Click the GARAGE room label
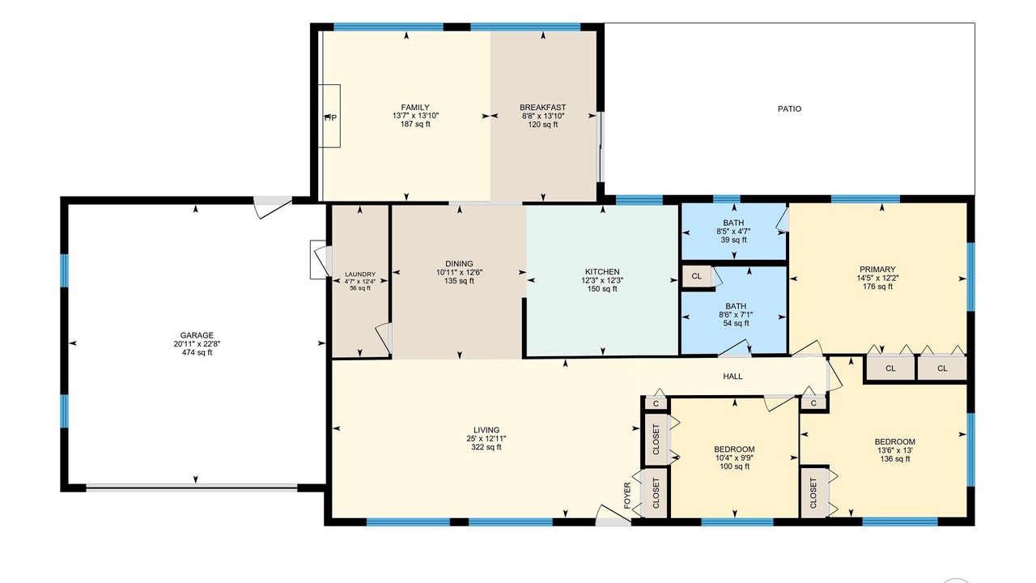click(x=197, y=335)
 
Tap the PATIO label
click(x=789, y=109)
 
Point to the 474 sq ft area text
click(x=197, y=352)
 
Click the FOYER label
click(x=627, y=496)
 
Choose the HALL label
click(x=732, y=377)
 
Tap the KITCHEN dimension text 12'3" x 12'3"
click(x=602, y=280)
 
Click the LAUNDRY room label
click(x=360, y=274)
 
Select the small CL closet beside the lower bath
click(x=697, y=277)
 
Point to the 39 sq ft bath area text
click(x=733, y=240)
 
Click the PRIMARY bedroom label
click(x=877, y=270)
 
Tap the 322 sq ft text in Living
click(x=486, y=447)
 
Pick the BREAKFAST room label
click(x=542, y=108)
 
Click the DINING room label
click(x=459, y=264)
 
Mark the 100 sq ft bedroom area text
click(x=734, y=466)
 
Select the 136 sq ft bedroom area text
click(x=895, y=459)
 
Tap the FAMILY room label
click(x=415, y=108)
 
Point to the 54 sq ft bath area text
click(x=736, y=323)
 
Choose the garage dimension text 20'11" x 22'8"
click(x=197, y=344)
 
